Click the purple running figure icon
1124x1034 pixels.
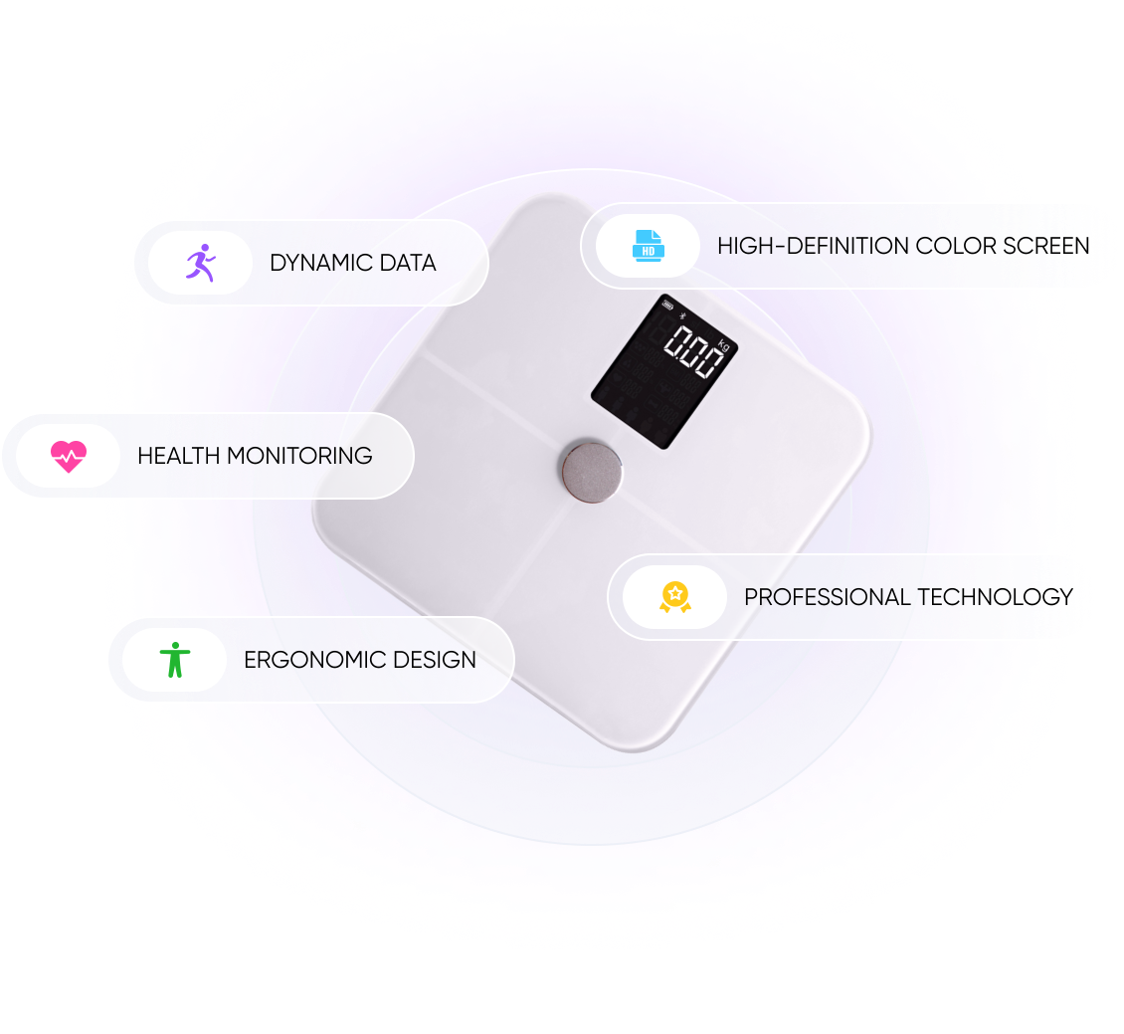[x=200, y=263]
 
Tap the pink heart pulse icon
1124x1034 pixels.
[x=69, y=456]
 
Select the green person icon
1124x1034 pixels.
[x=175, y=660]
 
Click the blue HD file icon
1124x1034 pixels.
[x=649, y=246]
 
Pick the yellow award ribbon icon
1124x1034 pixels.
[x=674, y=597]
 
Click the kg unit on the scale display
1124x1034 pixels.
[x=723, y=345]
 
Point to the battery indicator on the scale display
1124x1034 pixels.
[x=668, y=306]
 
